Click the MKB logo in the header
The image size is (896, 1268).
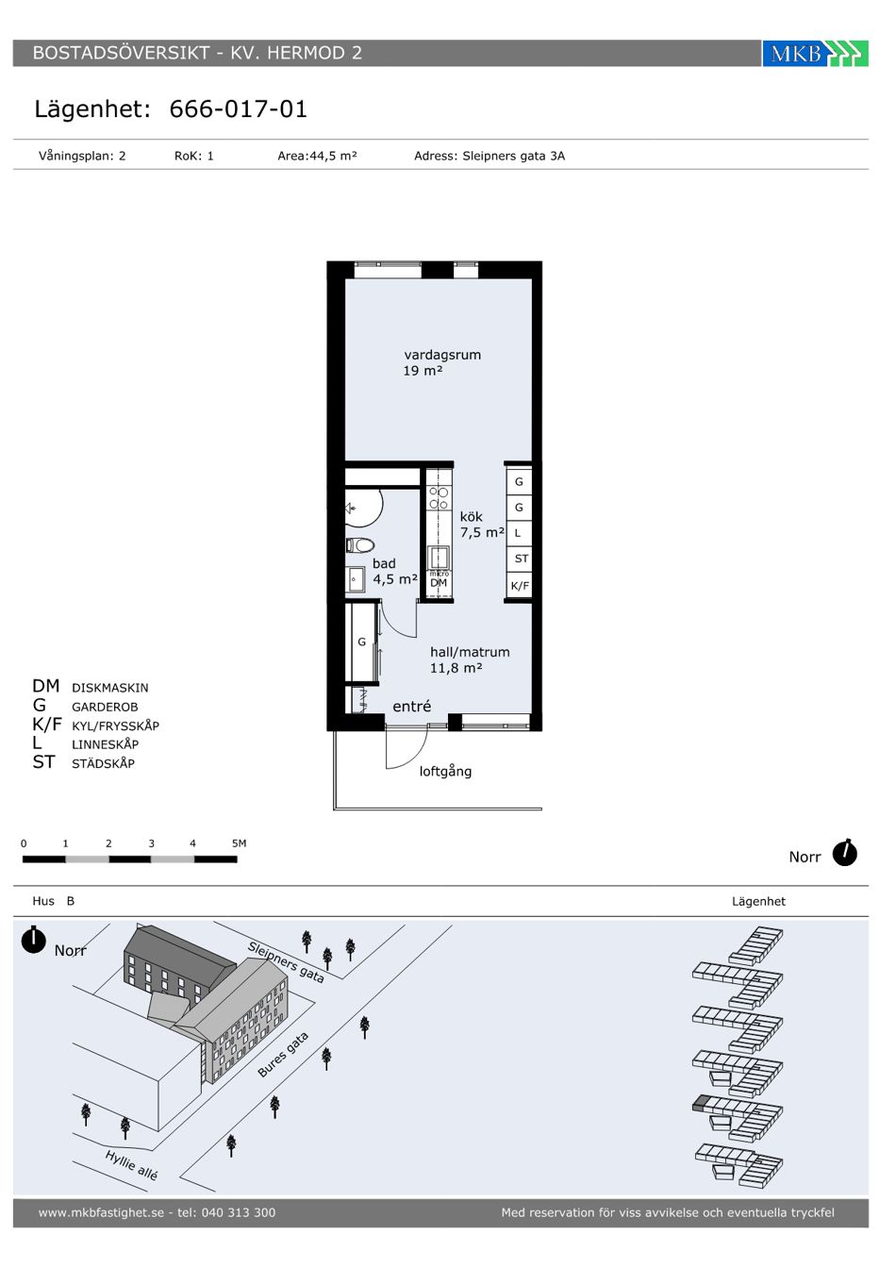[x=815, y=53]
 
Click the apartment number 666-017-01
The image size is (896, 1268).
[x=239, y=108]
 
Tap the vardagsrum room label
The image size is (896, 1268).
[x=442, y=355]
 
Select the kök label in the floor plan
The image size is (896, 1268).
[x=471, y=517]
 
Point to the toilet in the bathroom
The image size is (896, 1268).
[x=360, y=545]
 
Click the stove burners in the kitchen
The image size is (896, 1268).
[x=439, y=498]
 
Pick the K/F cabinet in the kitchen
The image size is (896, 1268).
[x=520, y=585]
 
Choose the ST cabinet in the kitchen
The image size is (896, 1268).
[x=520, y=559]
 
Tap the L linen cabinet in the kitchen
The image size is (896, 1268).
[x=520, y=533]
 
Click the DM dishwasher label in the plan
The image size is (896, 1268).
[x=439, y=582]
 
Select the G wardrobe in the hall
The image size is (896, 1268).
[x=362, y=642]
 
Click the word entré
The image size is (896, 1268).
[x=411, y=706]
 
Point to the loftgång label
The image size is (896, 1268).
[x=445, y=771]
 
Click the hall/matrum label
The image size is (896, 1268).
[x=470, y=652]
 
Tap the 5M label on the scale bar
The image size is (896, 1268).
[x=239, y=843]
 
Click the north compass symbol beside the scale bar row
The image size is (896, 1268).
[x=844, y=853]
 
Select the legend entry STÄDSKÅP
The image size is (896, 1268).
[x=103, y=763]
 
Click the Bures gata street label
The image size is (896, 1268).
[x=283, y=1055]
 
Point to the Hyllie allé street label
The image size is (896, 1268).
[x=131, y=1166]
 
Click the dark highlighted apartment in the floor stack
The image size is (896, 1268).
[x=701, y=1102]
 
